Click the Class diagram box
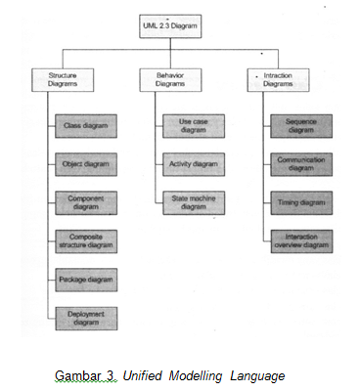pos(85,126)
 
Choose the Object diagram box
pos(85,163)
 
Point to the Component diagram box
pos(85,201)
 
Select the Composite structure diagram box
pos(85,240)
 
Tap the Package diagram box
pos(85,279)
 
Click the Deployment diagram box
pos(85,317)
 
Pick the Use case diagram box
pos(193,125)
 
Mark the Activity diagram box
pos(193,163)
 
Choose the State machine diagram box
pos(193,202)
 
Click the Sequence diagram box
pos(301,125)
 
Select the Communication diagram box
pos(301,163)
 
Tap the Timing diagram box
pos(301,202)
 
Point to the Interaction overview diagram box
pos(301,240)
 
